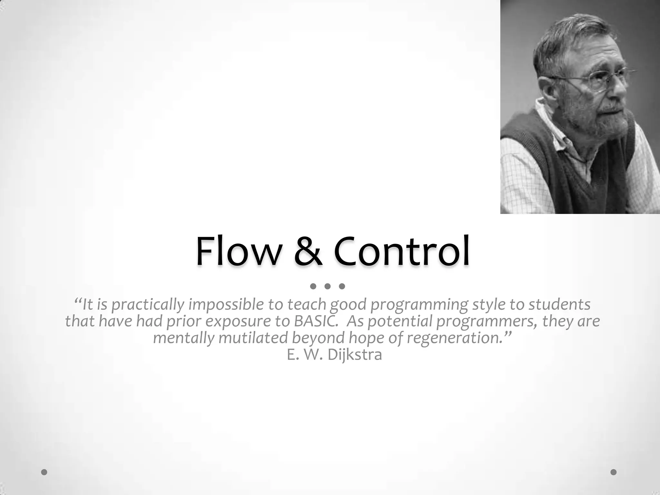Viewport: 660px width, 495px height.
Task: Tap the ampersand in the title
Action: [x=307, y=252]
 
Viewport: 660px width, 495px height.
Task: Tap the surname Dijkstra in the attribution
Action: [x=354, y=355]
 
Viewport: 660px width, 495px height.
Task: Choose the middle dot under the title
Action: [x=327, y=286]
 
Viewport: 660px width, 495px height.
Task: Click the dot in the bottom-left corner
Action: [x=44, y=472]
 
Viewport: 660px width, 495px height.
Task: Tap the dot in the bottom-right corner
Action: [x=614, y=472]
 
